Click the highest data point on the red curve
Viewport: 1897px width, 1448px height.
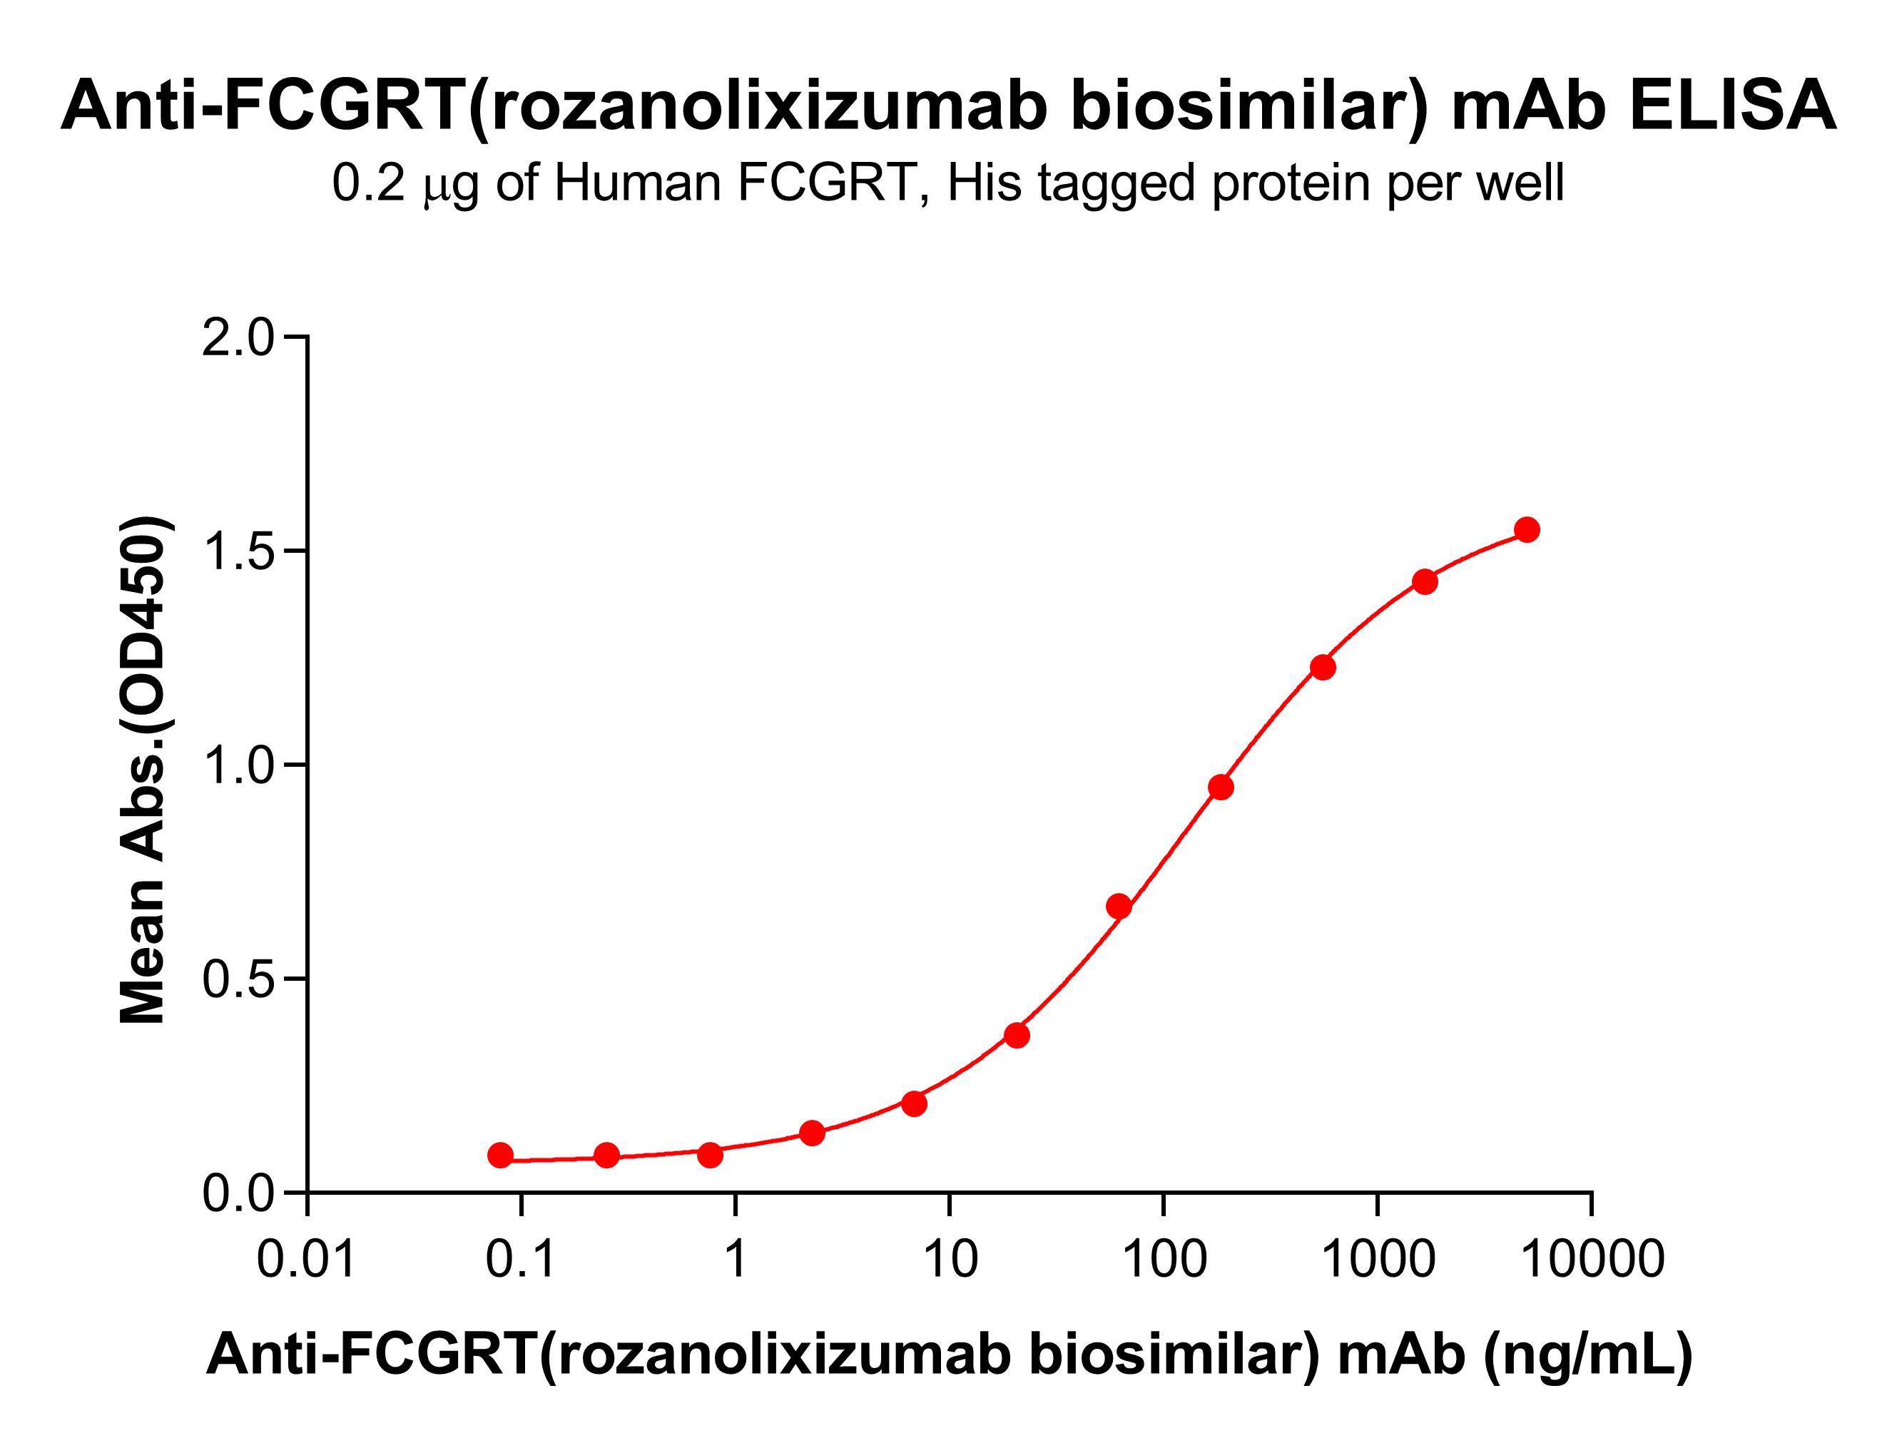1527,530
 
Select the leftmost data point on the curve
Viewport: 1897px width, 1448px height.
500,1155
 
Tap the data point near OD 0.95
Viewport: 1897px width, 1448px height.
1221,787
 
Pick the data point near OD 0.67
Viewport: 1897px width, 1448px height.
1119,906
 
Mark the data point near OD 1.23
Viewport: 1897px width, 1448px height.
1323,667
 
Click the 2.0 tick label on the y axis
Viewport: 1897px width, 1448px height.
237,338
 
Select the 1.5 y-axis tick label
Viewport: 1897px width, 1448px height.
237,551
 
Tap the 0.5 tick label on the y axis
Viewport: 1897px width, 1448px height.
237,980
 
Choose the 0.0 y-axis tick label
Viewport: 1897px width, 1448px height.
237,1195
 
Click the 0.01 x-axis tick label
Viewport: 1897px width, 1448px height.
306,1259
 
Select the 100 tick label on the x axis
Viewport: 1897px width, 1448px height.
1164,1259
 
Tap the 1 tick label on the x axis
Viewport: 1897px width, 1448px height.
735,1259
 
